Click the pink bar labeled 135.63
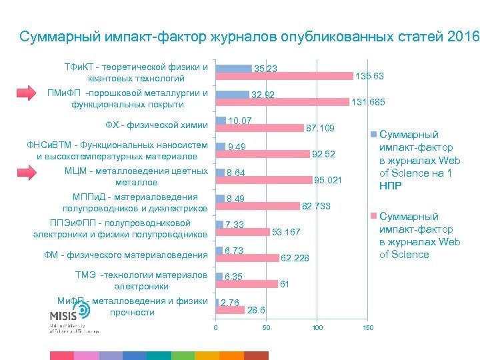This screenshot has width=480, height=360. [284, 76]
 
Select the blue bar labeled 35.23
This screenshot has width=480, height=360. [234, 67]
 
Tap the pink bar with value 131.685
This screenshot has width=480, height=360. [282, 102]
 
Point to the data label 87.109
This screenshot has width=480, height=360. [319, 127]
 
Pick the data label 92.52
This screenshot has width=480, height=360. [323, 154]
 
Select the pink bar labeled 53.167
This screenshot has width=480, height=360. [243, 232]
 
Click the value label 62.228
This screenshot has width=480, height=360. [295, 257]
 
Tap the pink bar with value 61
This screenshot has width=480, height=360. [247, 284]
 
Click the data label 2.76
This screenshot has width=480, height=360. [230, 303]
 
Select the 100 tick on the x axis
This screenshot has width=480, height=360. [317, 327]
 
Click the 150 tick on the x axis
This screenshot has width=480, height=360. [368, 327]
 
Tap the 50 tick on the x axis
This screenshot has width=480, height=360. [266, 327]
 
